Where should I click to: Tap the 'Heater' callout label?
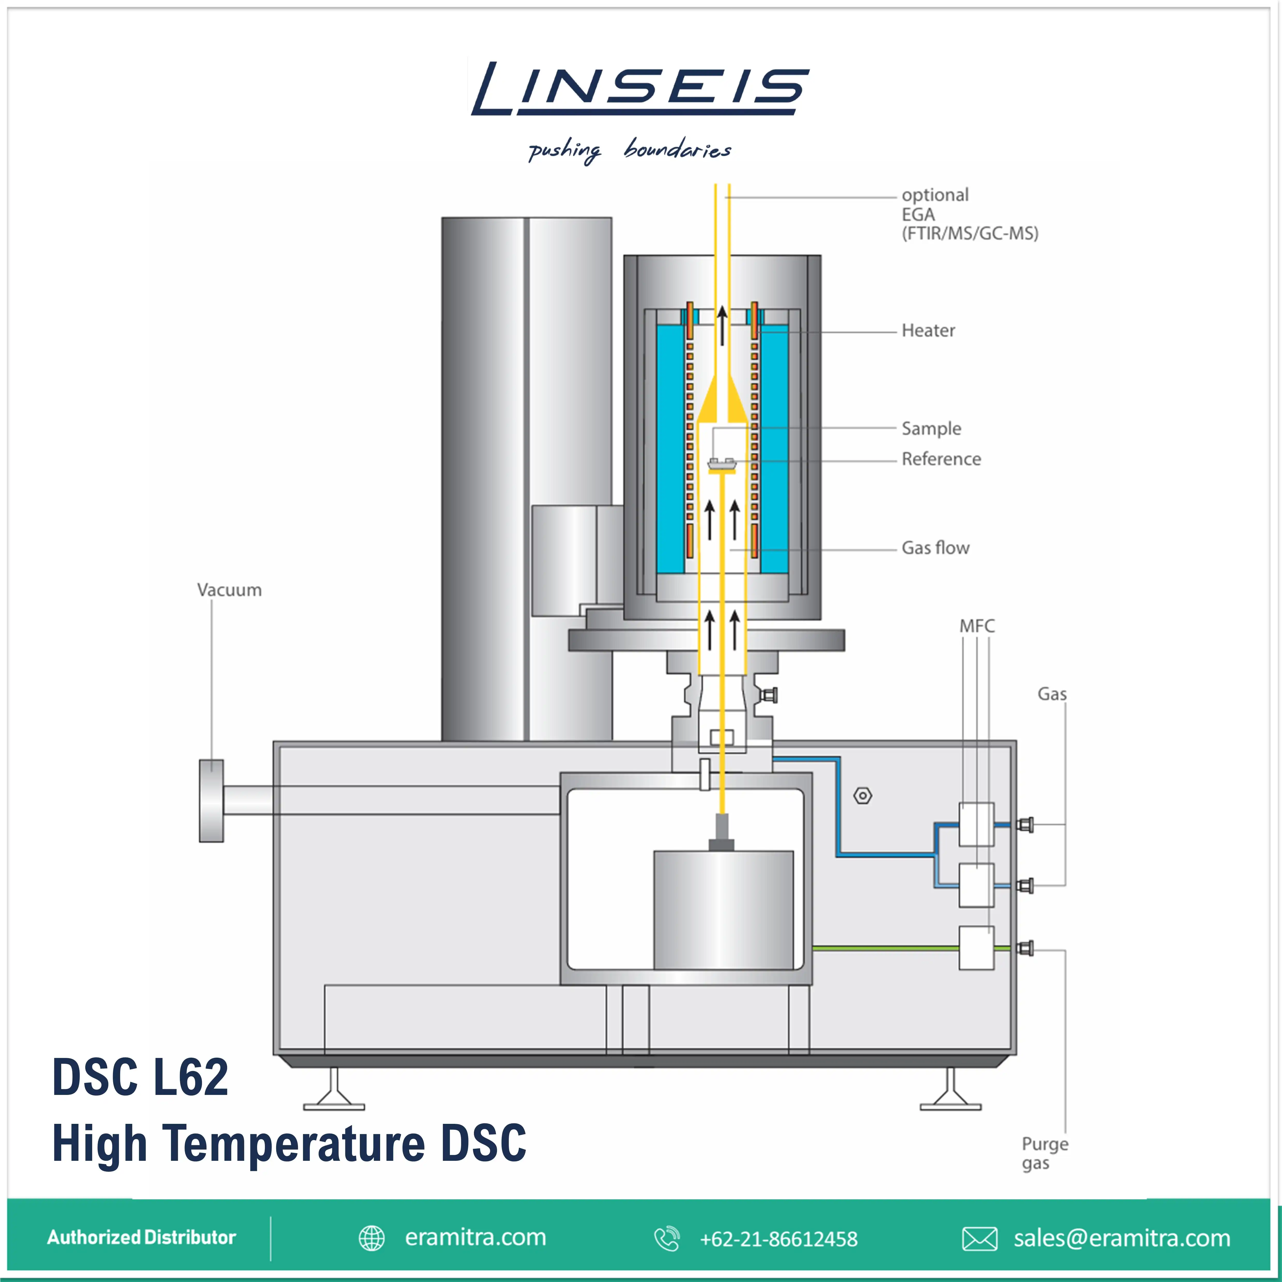[928, 331]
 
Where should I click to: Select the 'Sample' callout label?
[931, 429]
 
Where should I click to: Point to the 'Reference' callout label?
[941, 459]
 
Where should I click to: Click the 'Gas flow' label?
[935, 548]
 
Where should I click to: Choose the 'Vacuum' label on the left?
[229, 590]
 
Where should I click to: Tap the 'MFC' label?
[977, 626]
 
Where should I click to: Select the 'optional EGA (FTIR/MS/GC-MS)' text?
[969, 214]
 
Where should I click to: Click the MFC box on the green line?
[976, 948]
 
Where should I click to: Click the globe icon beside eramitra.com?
[372, 1238]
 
